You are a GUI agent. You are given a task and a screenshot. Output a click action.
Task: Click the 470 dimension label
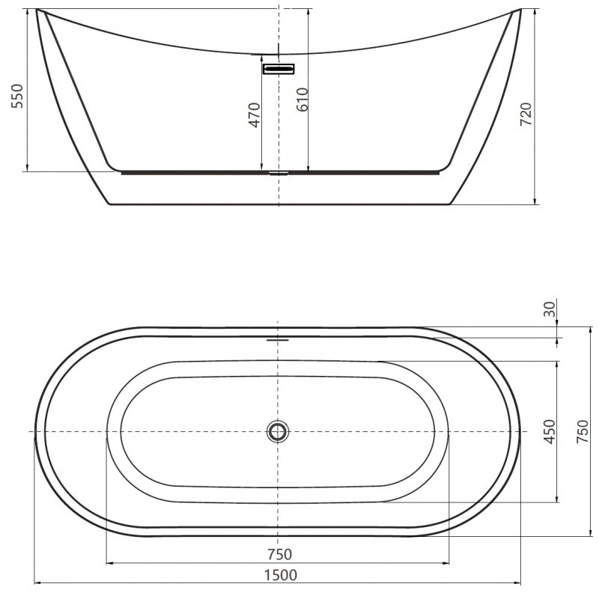tap(255, 114)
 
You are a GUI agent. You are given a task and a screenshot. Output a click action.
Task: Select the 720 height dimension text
tap(526, 112)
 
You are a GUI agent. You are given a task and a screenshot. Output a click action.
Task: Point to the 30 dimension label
tap(550, 309)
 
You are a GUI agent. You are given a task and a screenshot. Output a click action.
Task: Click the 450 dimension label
tap(550, 433)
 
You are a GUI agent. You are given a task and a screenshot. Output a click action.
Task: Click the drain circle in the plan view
tap(278, 431)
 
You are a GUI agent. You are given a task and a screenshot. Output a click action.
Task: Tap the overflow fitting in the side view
tap(279, 69)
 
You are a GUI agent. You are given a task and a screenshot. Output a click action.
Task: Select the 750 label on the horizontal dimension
tap(279, 554)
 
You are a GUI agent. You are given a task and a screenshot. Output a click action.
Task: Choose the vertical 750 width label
tap(582, 433)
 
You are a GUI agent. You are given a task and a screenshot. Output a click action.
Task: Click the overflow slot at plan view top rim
tap(278, 338)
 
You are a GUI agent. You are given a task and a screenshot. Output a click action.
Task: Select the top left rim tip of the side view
tap(37, 10)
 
